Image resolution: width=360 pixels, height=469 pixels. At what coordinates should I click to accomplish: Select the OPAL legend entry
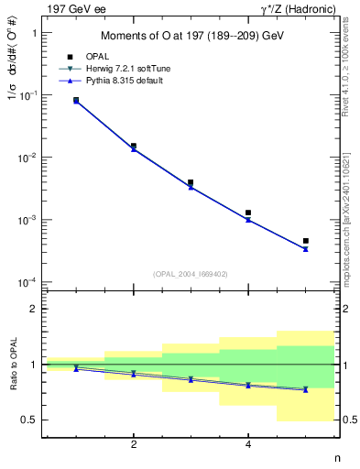pos(97,57)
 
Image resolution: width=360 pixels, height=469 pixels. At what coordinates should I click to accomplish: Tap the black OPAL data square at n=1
pos(76,100)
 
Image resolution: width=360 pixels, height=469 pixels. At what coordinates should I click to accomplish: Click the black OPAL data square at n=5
pos(305,241)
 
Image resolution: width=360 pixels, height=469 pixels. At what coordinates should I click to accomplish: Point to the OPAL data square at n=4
pos(248,213)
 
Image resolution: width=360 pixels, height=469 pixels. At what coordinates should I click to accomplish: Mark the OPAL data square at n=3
pos(191,182)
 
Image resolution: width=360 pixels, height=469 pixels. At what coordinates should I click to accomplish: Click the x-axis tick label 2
pos(134,445)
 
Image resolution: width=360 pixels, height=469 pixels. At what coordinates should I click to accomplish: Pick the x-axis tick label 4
pos(248,445)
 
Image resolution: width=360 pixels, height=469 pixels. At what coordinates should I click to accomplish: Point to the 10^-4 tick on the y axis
pos(27,282)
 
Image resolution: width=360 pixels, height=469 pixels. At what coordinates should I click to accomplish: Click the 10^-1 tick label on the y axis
pos(27,95)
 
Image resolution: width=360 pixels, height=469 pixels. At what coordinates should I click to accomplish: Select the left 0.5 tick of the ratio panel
pos(29,420)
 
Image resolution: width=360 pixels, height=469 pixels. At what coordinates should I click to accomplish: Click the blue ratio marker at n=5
pos(305,389)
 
